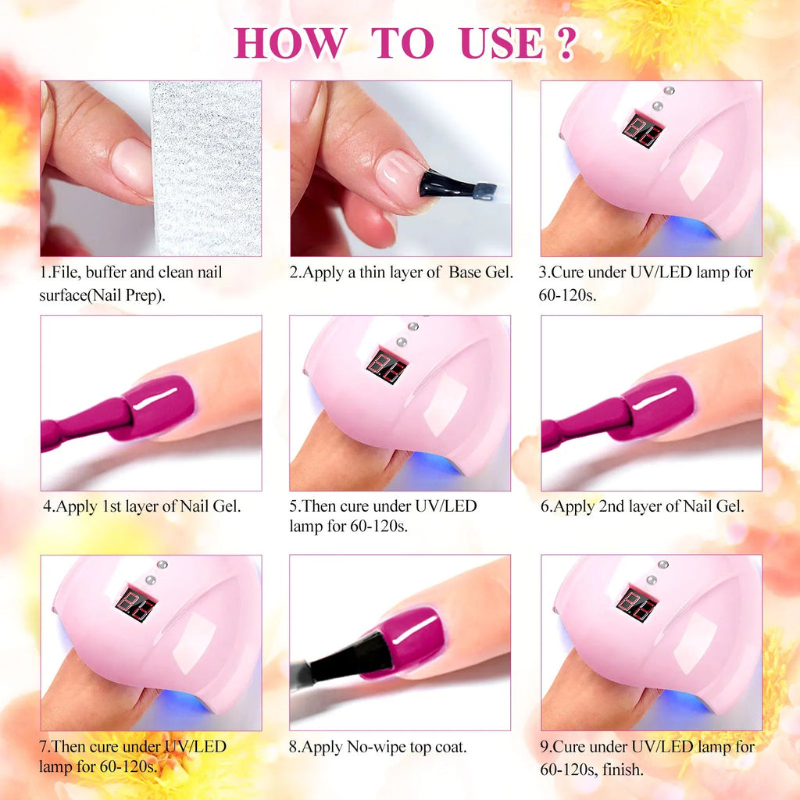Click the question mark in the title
[565, 43]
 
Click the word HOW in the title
[289, 43]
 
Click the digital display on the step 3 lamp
[642, 130]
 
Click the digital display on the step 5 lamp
[387, 366]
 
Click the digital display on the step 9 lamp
[636, 603]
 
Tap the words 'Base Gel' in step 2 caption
[480, 273]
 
